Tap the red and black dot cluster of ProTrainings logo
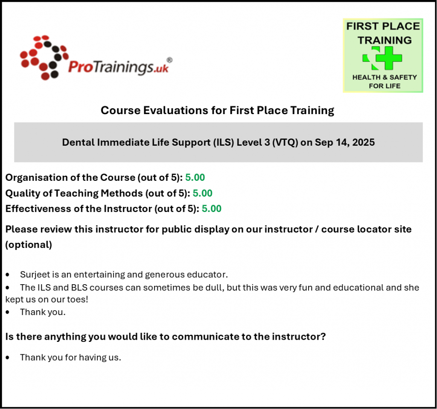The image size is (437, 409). point(44,57)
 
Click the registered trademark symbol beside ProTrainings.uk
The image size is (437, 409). point(169,60)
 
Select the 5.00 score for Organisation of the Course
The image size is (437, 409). point(195,177)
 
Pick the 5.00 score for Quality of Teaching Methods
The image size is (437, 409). point(203,193)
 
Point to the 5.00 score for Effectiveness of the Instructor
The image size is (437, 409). point(212,209)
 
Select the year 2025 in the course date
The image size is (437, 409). point(364,142)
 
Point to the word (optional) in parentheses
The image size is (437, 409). point(29,245)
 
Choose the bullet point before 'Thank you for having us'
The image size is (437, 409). point(8,358)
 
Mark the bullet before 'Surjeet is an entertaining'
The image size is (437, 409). point(8,275)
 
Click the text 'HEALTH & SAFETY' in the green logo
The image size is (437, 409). point(385,77)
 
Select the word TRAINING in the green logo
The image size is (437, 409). point(385,41)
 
